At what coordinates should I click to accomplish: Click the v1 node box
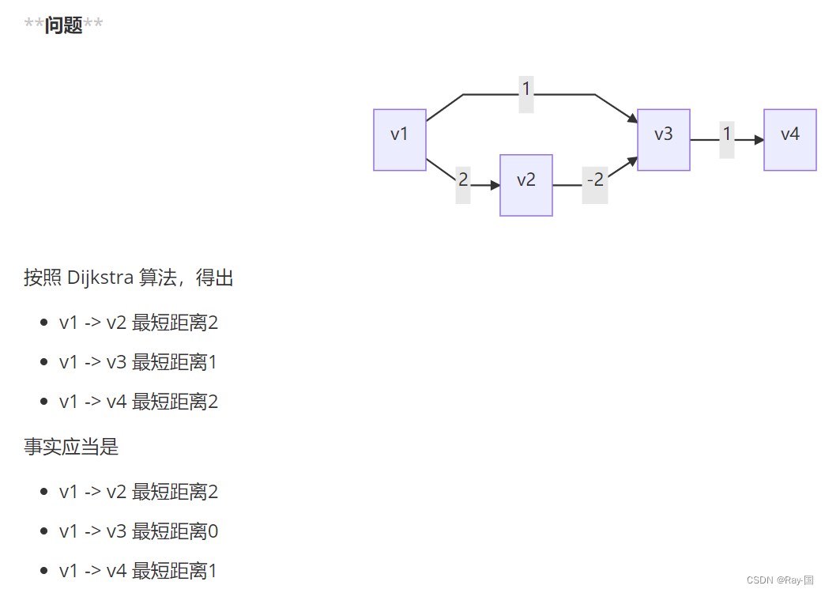pos(400,140)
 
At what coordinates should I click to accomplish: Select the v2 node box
pos(526,185)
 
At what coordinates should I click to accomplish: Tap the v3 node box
pos(664,140)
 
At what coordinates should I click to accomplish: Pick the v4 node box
pos(789,140)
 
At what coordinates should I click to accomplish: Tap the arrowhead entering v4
pos(759,140)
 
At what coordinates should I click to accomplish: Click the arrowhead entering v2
pos(495,185)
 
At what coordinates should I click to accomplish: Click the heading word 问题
pos(63,25)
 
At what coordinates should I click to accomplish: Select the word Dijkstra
pos(100,278)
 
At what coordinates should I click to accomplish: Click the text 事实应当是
pos(71,447)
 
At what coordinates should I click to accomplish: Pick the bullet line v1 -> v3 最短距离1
pos(138,362)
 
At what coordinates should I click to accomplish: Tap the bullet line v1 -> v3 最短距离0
pos(138,531)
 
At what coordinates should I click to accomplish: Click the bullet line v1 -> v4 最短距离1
pos(138,570)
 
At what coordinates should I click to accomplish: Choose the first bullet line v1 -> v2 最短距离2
pos(138,323)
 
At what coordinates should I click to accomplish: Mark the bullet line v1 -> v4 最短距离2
pos(138,402)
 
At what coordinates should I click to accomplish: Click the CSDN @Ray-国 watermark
pos(779,580)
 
